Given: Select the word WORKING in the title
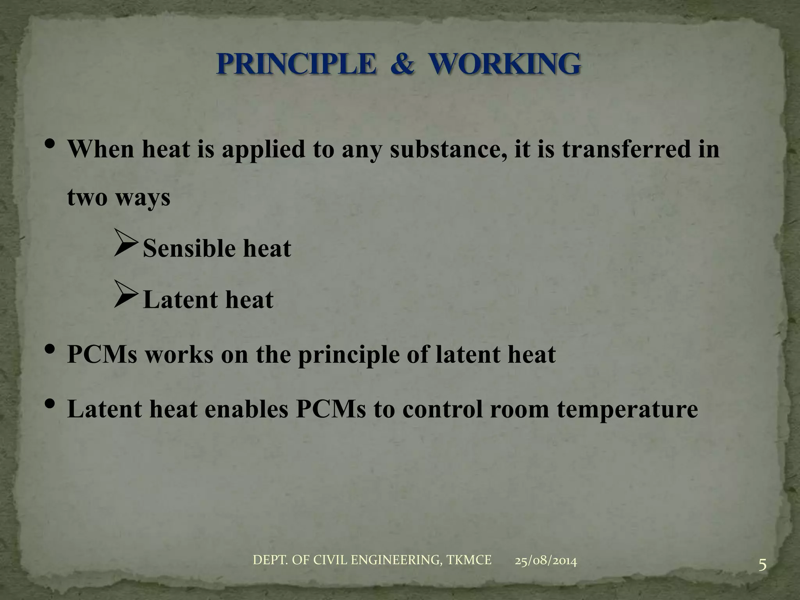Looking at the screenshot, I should pos(504,64).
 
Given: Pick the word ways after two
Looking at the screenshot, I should pos(143,198).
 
